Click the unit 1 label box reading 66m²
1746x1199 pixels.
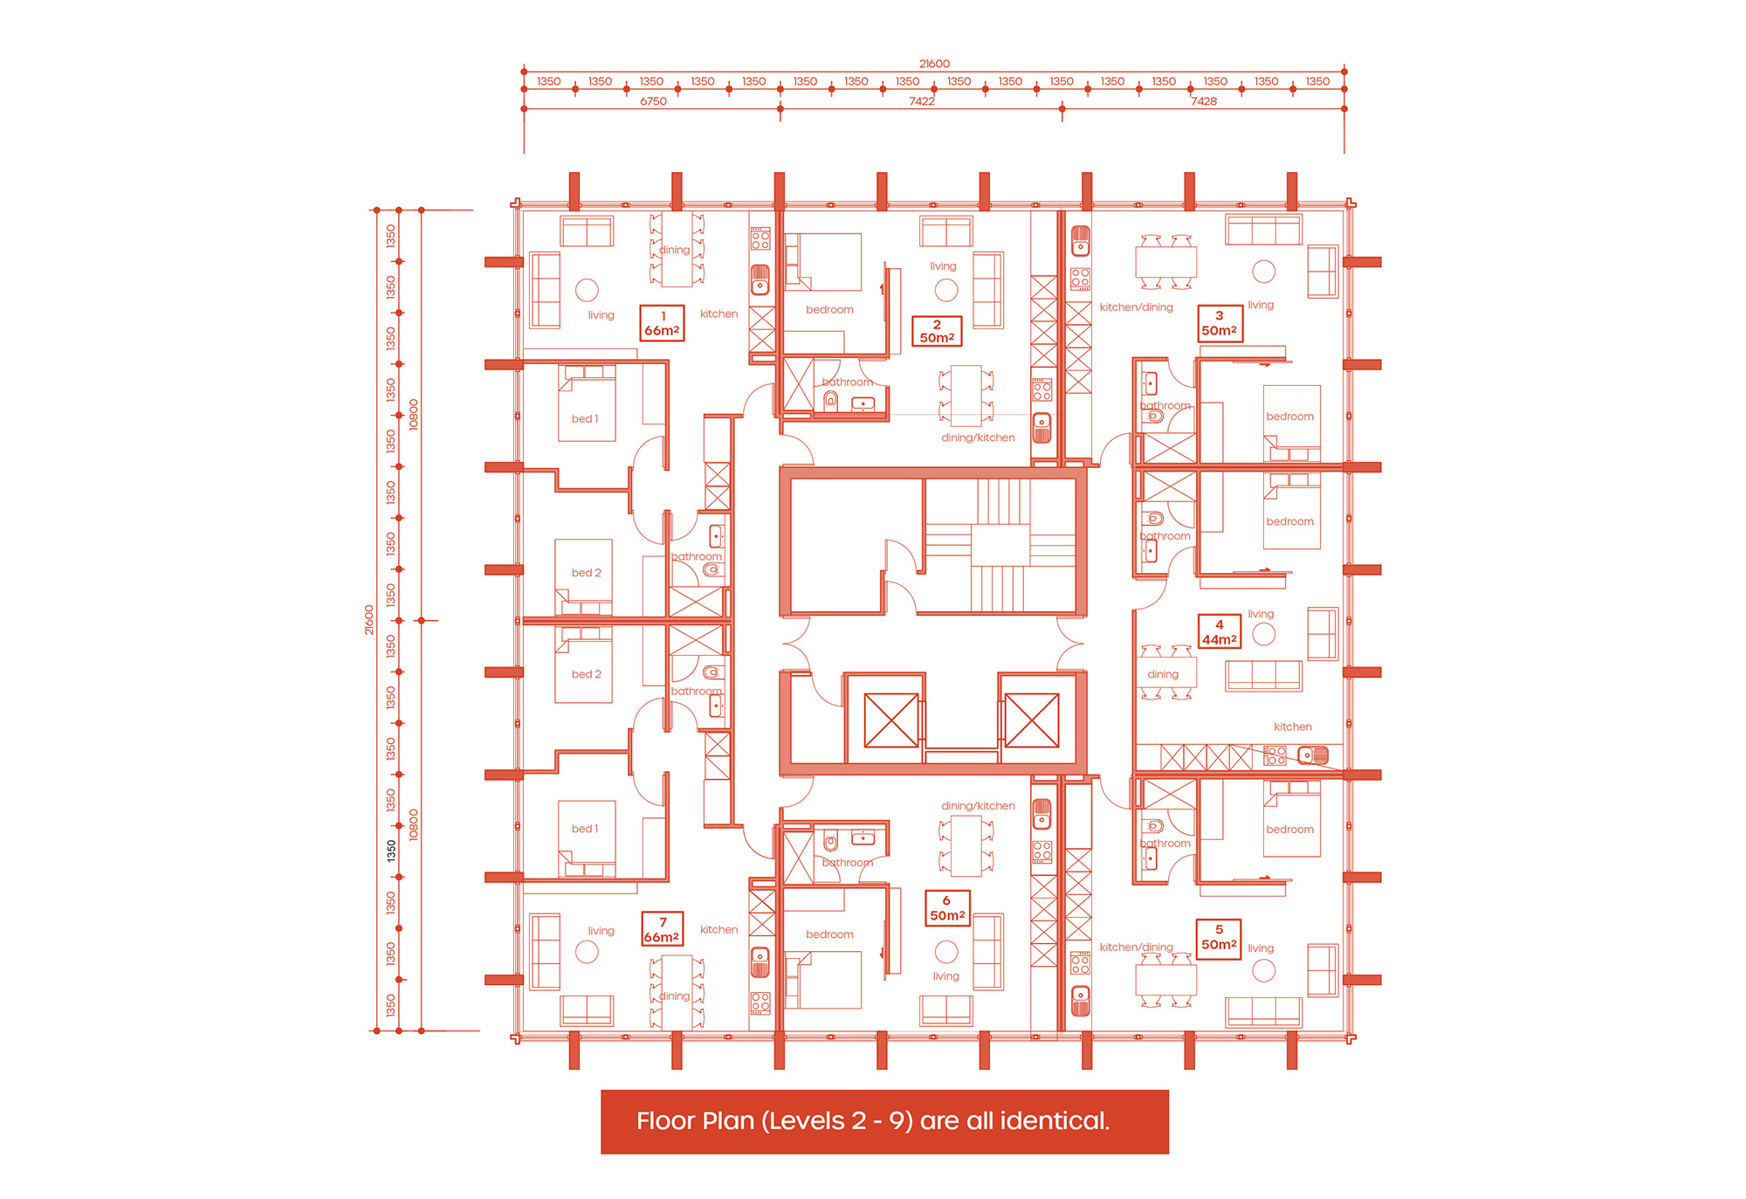662,323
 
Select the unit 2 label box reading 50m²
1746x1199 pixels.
937,331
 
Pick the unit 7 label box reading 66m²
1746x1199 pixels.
662,929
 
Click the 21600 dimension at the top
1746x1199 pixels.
934,64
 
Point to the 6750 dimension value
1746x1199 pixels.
653,101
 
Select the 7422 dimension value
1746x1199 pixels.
922,101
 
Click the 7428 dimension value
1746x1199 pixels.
1204,101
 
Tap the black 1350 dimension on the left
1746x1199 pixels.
391,851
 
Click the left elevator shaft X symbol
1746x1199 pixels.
891,720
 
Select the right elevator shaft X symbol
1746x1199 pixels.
1032,720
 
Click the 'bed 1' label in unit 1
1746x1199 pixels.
585,419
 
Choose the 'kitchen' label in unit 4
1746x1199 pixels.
1293,727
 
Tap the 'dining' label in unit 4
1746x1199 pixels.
1163,674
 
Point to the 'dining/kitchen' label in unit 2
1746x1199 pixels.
978,438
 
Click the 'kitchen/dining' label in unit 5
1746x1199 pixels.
1137,947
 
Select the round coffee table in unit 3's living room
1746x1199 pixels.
1263,272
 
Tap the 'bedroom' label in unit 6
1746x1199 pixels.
829,934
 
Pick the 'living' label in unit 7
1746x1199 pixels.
601,931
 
